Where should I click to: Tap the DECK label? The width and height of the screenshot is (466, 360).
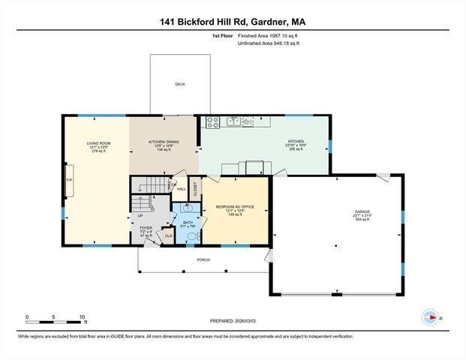click(x=180, y=84)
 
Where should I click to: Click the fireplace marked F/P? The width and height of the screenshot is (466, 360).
click(x=70, y=181)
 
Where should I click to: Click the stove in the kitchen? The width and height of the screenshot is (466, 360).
click(x=212, y=121)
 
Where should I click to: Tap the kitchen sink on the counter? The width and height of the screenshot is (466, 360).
click(x=233, y=121)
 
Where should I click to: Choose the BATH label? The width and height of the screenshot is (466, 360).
click(x=187, y=222)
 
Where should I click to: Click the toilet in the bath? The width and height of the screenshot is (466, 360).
click(x=193, y=235)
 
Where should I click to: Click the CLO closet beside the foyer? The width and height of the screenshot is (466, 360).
click(x=167, y=235)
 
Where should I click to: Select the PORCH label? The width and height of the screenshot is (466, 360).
click(x=203, y=260)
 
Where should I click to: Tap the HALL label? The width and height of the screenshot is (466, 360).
click(x=181, y=190)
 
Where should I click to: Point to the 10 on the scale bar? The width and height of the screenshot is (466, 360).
click(x=82, y=316)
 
